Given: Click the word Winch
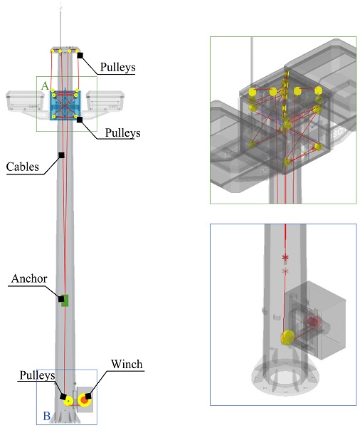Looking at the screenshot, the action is point(127,364).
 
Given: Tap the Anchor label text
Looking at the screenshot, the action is point(29,278).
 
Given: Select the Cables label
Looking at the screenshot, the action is point(23,167).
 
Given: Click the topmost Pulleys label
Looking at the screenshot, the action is point(118,67).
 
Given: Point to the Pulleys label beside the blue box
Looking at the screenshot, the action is point(122,133).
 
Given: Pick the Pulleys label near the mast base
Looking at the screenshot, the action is point(38,375).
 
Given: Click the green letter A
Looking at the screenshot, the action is point(45,85).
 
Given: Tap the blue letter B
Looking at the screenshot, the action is point(47,417).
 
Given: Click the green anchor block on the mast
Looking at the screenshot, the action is point(65,301).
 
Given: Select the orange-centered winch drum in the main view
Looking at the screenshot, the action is point(84,400).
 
